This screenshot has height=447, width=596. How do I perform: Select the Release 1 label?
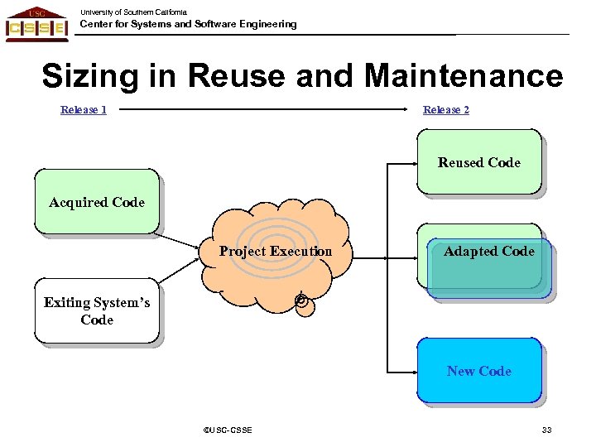pyautogui.click(x=84, y=110)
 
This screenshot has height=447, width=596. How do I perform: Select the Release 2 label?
pyautogui.click(x=445, y=110)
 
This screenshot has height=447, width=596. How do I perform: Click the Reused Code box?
pyautogui.click(x=478, y=162)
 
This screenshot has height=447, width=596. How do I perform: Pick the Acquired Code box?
pyautogui.click(x=96, y=202)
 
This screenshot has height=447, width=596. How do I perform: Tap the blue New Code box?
pyautogui.click(x=479, y=371)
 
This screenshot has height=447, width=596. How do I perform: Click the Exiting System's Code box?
pyautogui.click(x=97, y=312)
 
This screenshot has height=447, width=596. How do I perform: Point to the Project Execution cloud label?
pyautogui.click(x=275, y=252)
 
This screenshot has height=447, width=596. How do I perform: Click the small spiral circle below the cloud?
pyautogui.click(x=303, y=303)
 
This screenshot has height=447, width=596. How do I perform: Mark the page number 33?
pyautogui.click(x=546, y=430)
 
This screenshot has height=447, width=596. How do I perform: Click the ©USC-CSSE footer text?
pyautogui.click(x=228, y=430)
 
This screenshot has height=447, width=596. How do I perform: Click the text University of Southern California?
pyautogui.click(x=133, y=12)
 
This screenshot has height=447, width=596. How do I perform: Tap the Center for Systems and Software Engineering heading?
pyautogui.click(x=188, y=25)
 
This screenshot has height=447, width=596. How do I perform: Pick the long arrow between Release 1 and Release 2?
pyautogui.click(x=265, y=109)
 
